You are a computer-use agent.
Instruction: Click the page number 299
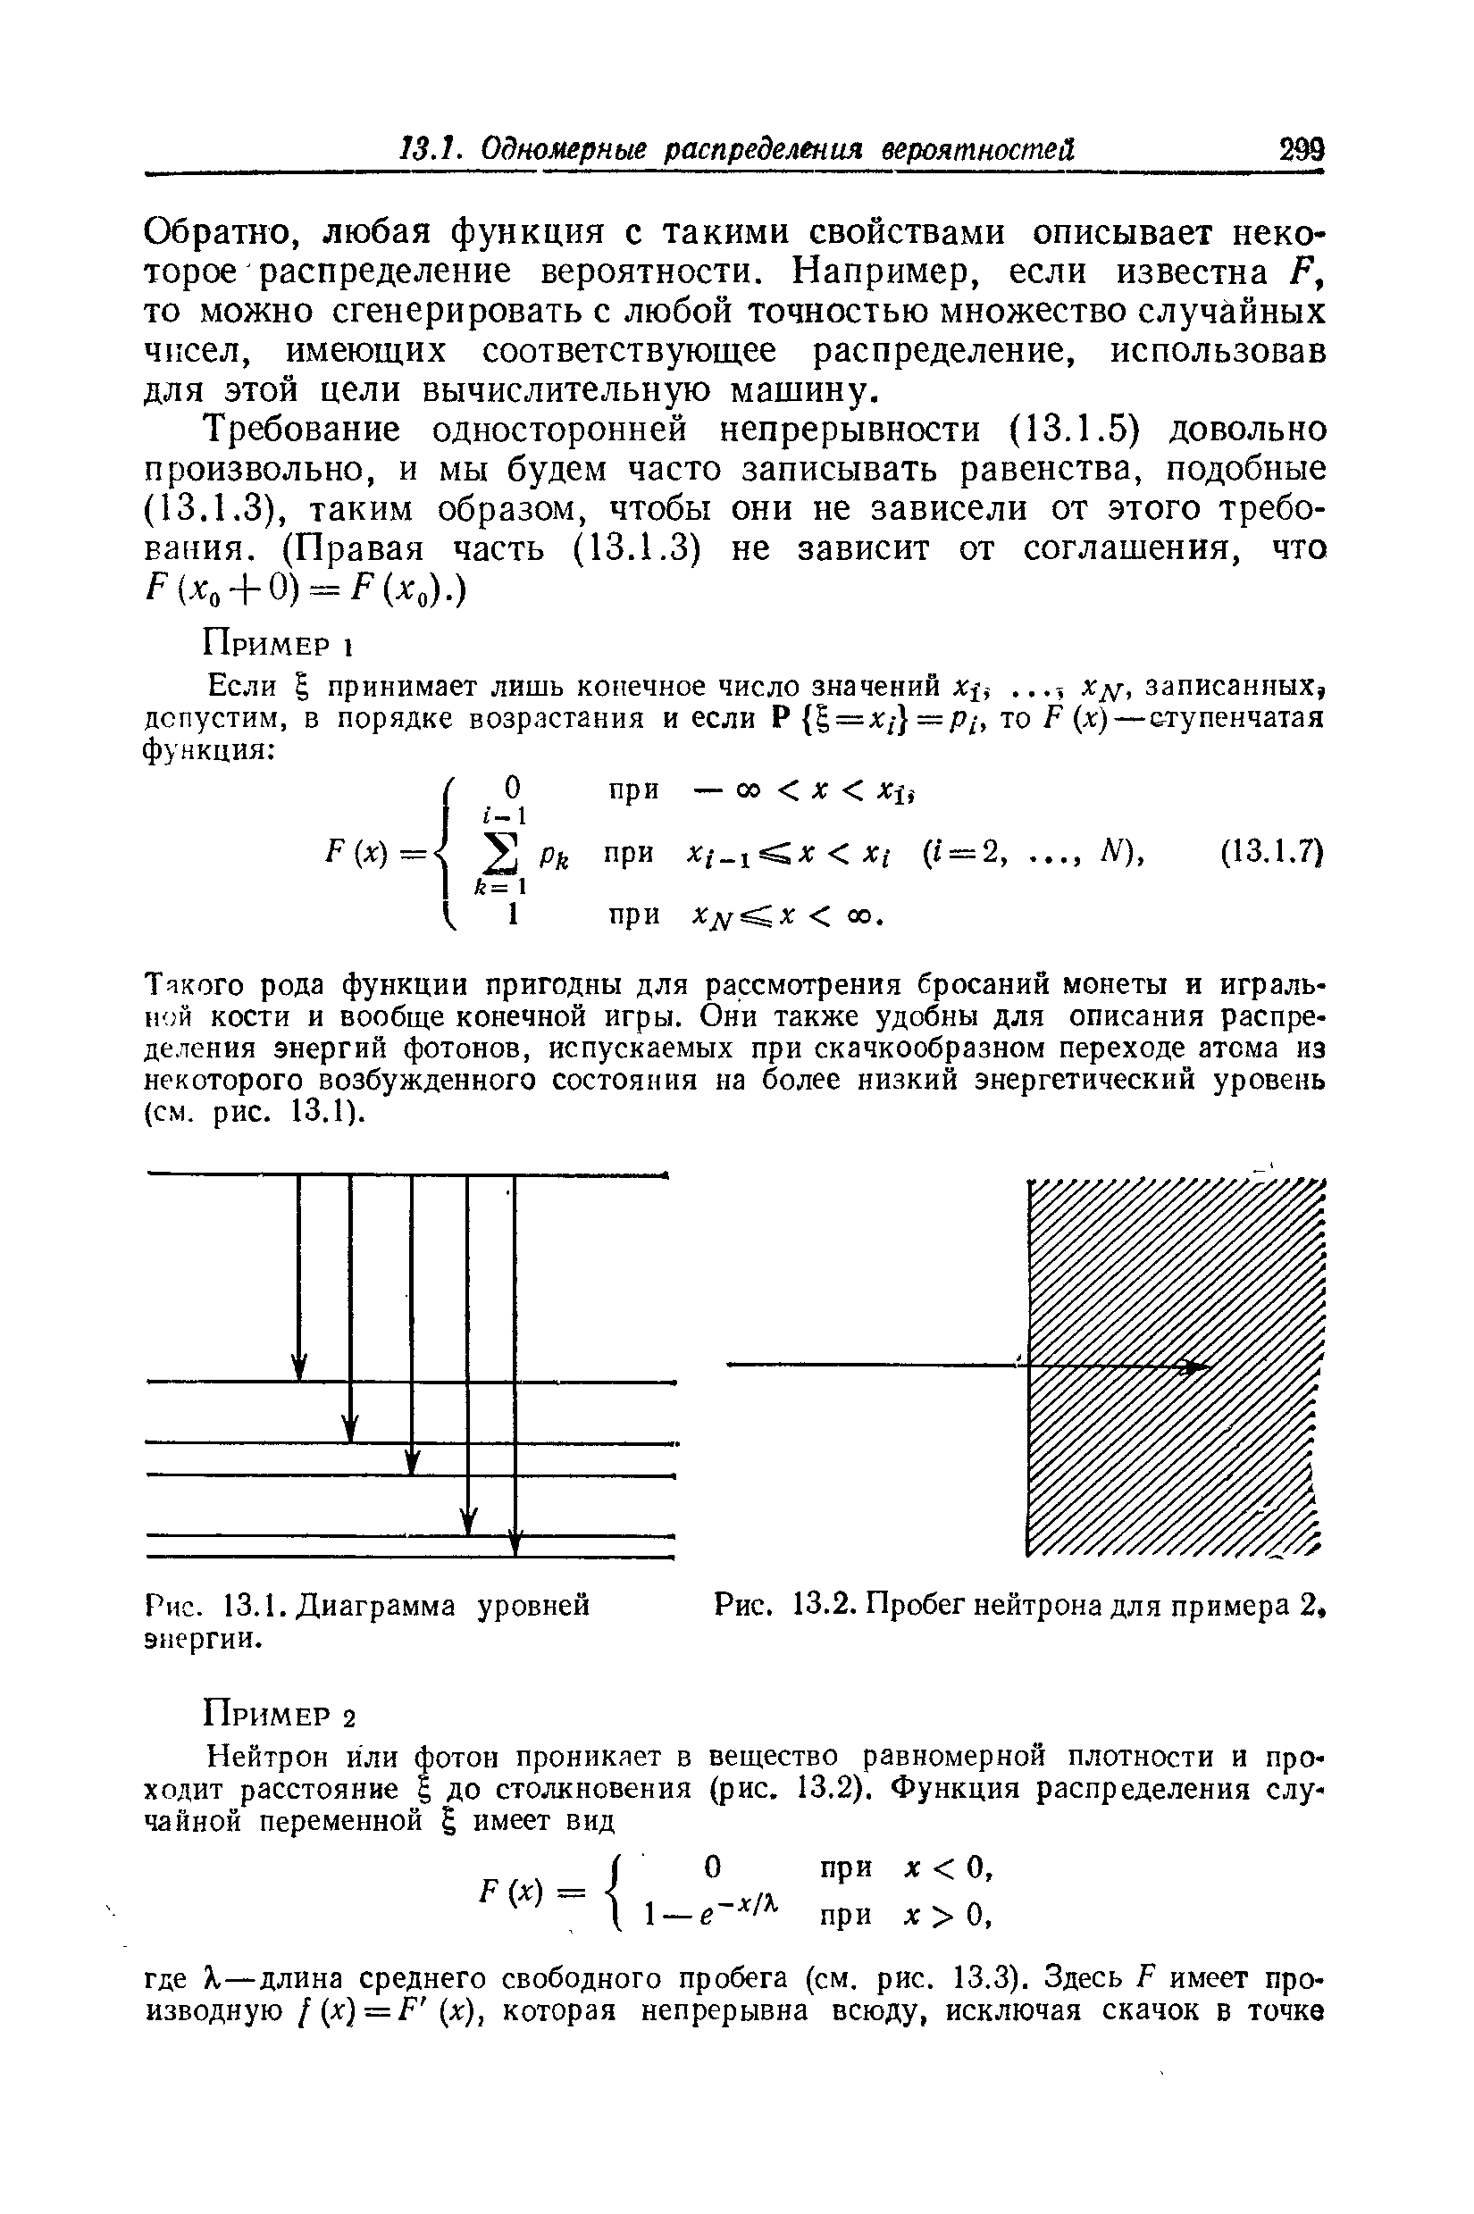[1300, 150]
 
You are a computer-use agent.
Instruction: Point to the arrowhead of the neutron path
[1196, 1366]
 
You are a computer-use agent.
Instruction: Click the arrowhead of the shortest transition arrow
[300, 1369]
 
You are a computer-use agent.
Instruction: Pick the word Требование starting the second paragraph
[305, 430]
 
